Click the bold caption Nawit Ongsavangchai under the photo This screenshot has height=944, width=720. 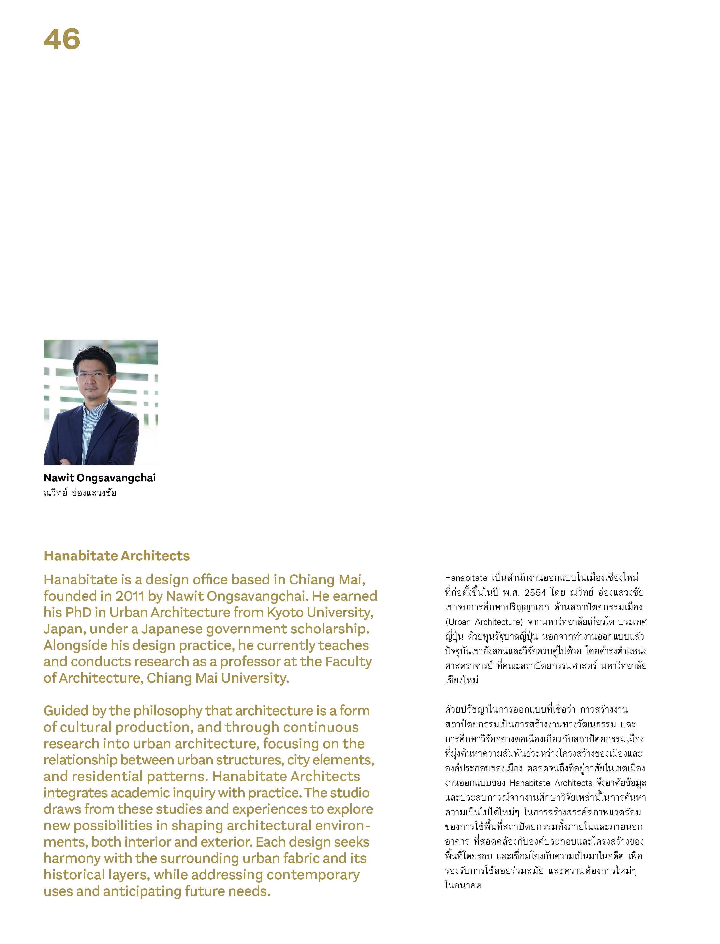point(99,478)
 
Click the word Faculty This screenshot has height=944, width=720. point(348,661)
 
